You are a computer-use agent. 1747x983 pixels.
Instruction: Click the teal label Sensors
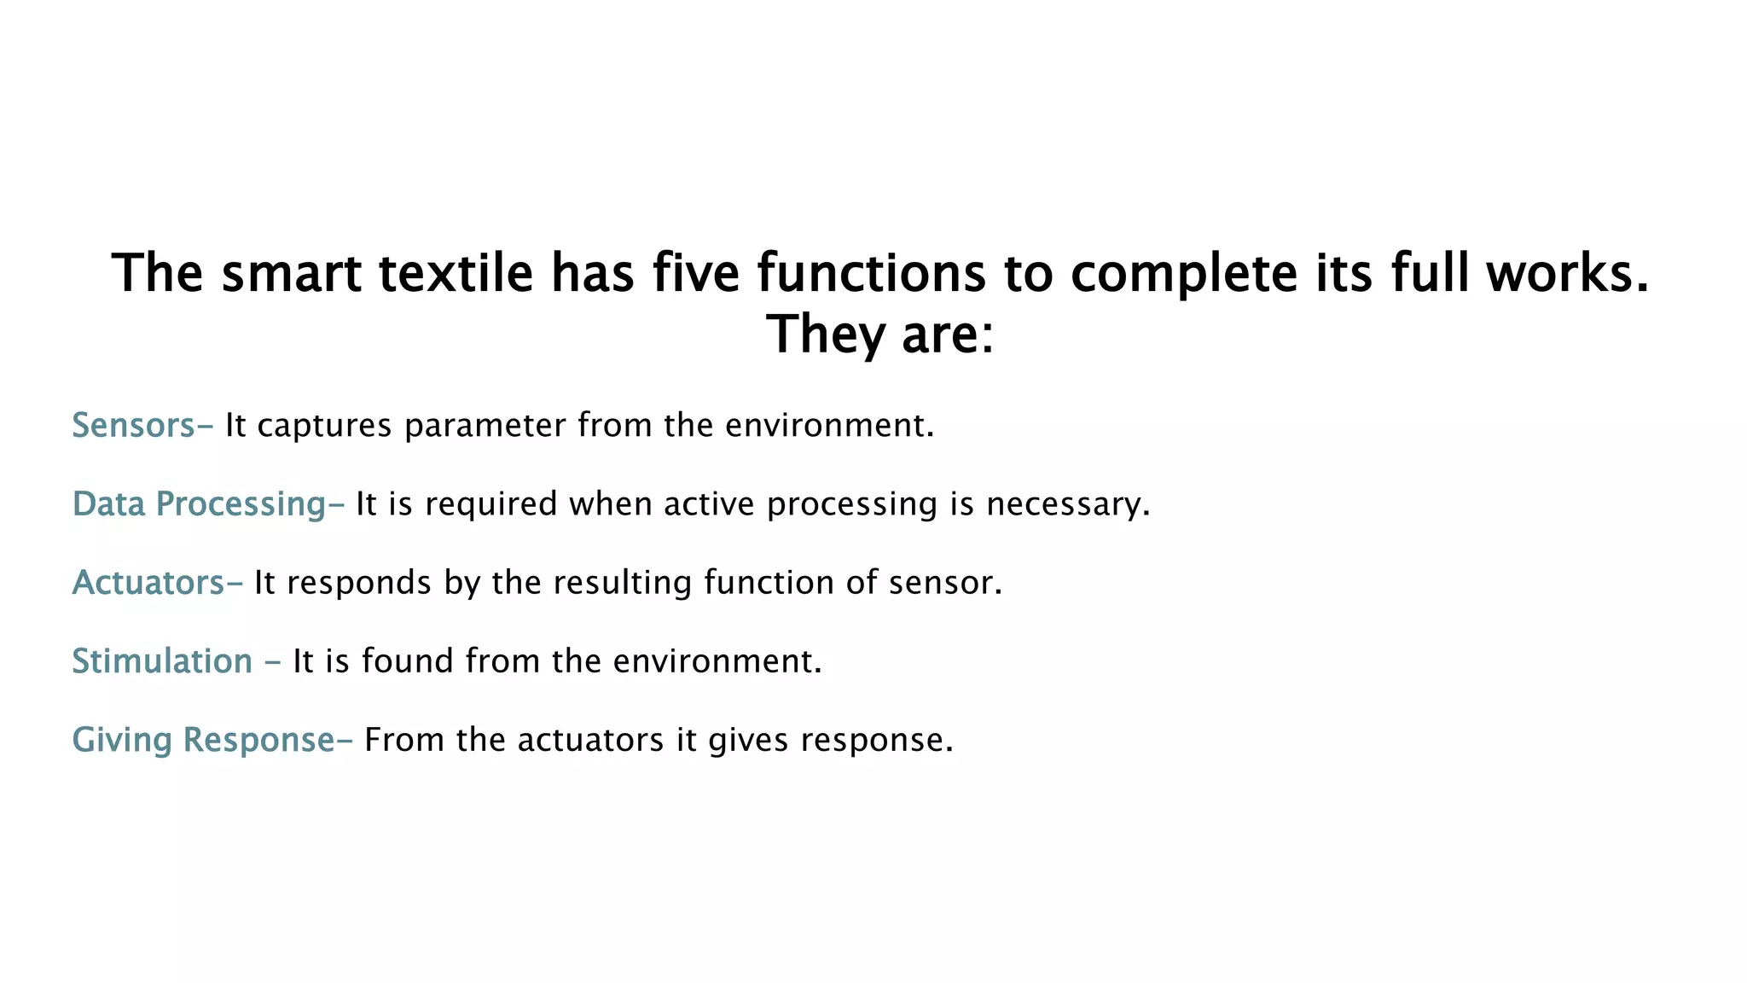(134, 425)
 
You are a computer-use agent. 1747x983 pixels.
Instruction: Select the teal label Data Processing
(199, 503)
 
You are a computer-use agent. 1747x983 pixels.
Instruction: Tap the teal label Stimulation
(162, 661)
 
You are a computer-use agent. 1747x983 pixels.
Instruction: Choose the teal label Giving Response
(203, 740)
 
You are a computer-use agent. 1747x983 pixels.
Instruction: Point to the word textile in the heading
(456, 273)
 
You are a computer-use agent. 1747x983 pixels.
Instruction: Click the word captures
(324, 426)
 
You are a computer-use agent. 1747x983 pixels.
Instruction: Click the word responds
(359, 583)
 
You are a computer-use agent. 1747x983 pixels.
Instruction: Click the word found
(408, 661)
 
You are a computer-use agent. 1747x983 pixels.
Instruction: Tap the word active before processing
(709, 504)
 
